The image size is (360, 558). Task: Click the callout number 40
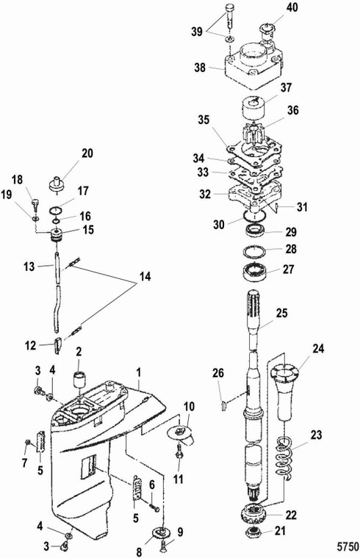(292, 7)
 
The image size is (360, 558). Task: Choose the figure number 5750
(348, 546)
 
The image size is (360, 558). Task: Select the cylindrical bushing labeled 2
(79, 380)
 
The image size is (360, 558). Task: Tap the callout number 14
(145, 277)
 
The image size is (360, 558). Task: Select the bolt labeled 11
(179, 451)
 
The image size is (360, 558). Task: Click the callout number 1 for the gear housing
(139, 372)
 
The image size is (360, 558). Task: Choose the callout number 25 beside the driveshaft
(281, 314)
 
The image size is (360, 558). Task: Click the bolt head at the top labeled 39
(229, 7)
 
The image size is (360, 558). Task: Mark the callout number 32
(205, 195)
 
